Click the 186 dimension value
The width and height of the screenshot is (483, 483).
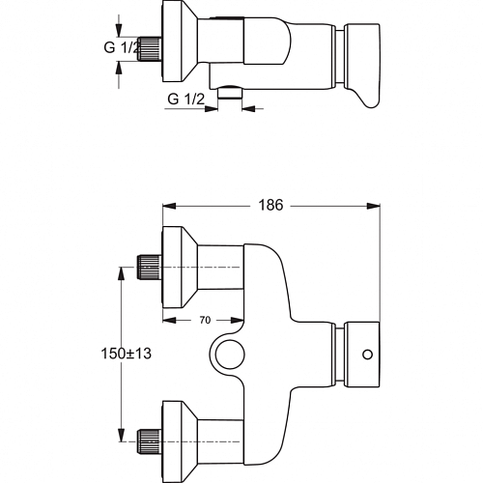coord(270,205)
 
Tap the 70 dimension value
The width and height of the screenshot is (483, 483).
coord(205,320)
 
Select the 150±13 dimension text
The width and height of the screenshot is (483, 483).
coord(126,354)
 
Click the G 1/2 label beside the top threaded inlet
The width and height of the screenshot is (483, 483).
coord(122,47)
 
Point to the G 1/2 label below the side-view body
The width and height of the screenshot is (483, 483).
coord(185,99)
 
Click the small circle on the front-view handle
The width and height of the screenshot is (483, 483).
coord(367,355)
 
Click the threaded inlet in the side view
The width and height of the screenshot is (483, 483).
coord(150,49)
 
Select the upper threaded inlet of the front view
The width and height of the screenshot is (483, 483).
coord(150,267)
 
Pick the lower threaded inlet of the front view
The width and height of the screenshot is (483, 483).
coord(150,441)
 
